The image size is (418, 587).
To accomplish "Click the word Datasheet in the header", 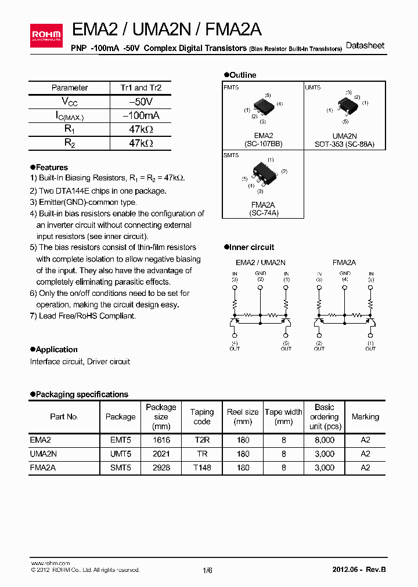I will point(365,46).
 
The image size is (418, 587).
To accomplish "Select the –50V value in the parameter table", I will point(140,102).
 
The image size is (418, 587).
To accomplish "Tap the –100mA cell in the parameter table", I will point(140,115).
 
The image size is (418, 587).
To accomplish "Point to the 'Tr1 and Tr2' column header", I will point(140,88).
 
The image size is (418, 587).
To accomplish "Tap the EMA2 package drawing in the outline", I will point(262,108).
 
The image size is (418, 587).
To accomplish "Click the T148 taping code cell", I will point(201,468).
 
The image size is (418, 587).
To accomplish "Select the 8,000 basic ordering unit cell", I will point(324,440).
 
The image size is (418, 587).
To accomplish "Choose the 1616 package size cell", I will point(161,440).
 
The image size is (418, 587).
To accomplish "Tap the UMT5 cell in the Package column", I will point(120,454).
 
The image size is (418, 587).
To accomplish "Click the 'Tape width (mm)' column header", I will point(283,416).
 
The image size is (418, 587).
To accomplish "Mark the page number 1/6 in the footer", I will point(207,570).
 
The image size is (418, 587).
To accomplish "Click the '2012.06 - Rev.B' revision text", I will point(358,570).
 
